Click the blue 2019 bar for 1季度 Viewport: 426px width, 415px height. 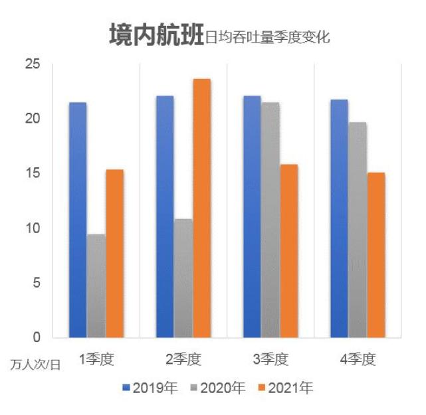point(78,220)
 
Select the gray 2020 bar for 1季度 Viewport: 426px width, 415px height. point(96,286)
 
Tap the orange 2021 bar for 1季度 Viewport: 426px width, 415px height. point(114,253)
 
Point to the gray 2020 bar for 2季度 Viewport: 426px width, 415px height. point(183,278)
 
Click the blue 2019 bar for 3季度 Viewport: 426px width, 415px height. point(252,216)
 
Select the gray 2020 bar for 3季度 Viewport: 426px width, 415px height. point(270,220)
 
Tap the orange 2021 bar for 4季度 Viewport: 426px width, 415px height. point(375,255)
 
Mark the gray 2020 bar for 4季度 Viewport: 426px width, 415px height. point(358,230)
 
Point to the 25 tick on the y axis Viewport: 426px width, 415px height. point(33,64)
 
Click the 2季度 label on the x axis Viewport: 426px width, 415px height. point(183,360)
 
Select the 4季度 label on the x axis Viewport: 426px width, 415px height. point(358,360)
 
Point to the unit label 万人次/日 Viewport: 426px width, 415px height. point(35,365)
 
